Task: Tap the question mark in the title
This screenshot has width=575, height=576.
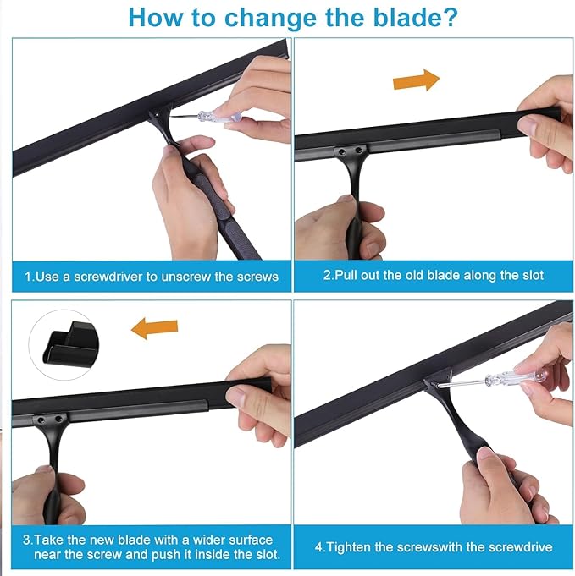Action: pyautogui.click(x=449, y=17)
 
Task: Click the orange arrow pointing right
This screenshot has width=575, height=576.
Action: pyautogui.click(x=417, y=80)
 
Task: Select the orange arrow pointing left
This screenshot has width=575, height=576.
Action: pyautogui.click(x=154, y=327)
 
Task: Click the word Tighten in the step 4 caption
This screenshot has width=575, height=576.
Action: pyautogui.click(x=348, y=547)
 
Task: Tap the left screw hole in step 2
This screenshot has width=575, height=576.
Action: pyautogui.click(x=342, y=151)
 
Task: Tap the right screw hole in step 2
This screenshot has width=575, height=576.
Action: pyautogui.click(x=357, y=150)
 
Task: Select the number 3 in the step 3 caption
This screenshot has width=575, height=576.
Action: pyautogui.click(x=26, y=540)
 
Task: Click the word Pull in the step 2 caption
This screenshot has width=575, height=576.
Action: pyautogui.click(x=346, y=275)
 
